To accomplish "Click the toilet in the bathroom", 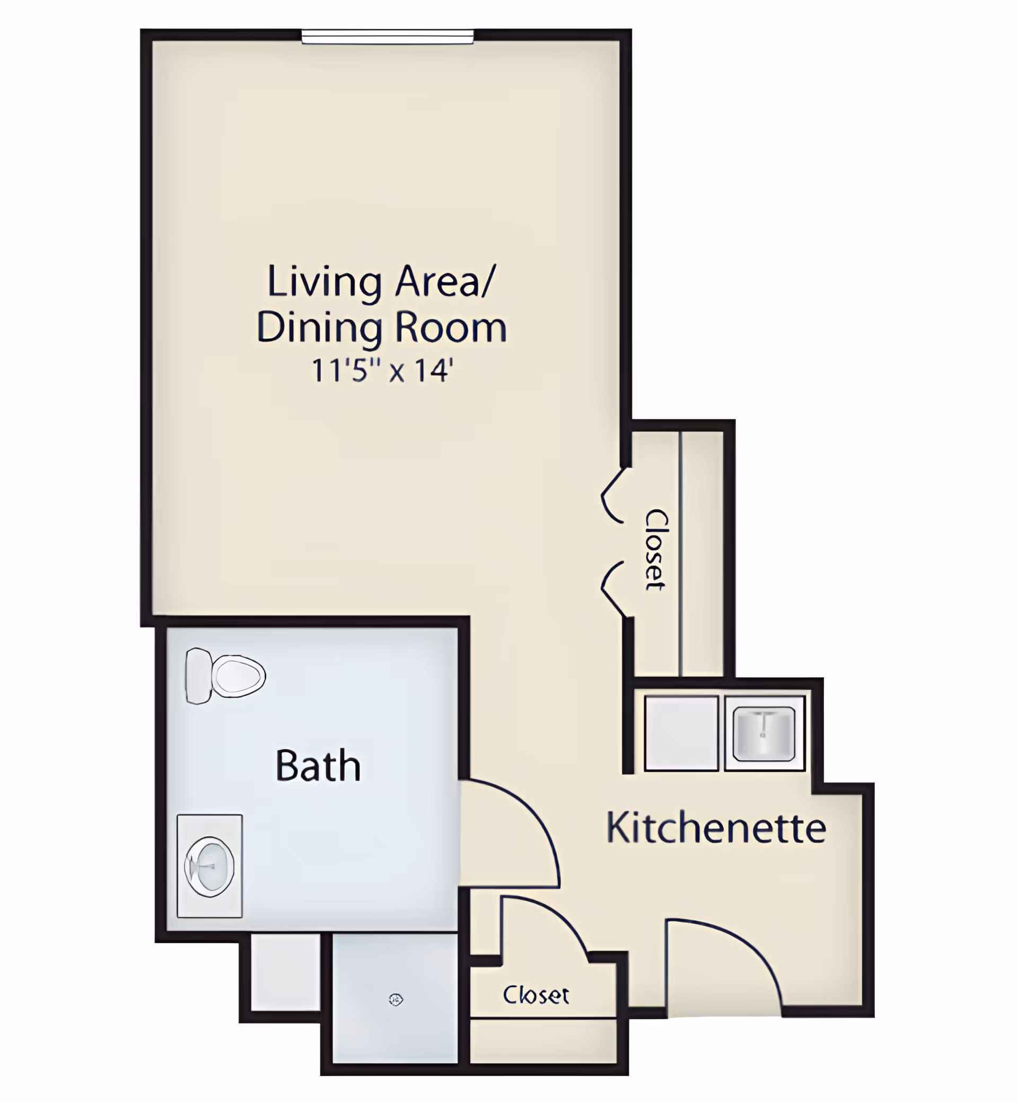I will tap(225, 676).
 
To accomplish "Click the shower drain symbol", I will tap(396, 1000).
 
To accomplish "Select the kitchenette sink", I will tap(764, 733).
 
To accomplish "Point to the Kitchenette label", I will tap(716, 828).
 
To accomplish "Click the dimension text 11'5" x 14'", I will tap(382, 370).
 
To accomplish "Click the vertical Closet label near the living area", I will tap(656, 550).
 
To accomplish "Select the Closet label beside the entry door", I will tap(536, 995).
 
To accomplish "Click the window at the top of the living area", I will tap(387, 37).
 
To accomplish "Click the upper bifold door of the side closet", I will tap(611, 496).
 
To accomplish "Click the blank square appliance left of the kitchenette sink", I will tap(681, 733).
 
